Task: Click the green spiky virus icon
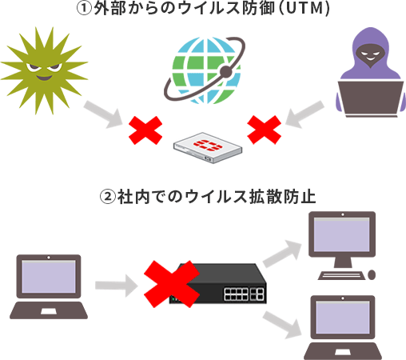[42, 70]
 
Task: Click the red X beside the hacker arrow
[264, 129]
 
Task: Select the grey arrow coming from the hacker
[307, 116]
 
